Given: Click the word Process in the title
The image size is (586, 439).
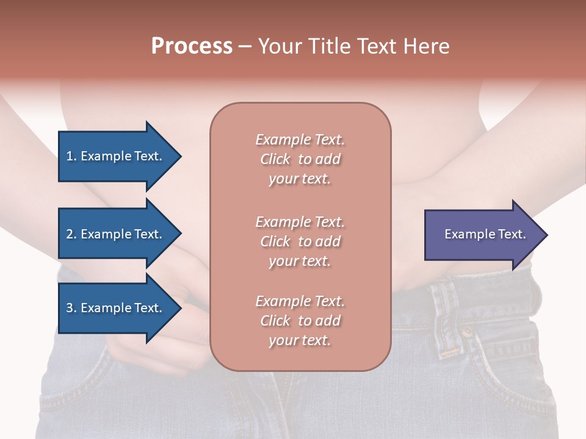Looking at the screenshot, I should pyautogui.click(x=192, y=46).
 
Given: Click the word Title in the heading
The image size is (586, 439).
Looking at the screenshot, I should pyautogui.click(x=329, y=46).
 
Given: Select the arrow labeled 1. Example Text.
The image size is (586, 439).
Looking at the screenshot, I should pyautogui.click(x=116, y=156).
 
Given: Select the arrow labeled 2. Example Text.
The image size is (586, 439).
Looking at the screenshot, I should pyautogui.click(x=116, y=234).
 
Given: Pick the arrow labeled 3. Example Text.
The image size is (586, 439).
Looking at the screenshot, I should pyautogui.click(x=116, y=308).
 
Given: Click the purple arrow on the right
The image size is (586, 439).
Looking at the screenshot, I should pyautogui.click(x=482, y=235).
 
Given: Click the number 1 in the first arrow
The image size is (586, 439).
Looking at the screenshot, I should pyautogui.click(x=70, y=156).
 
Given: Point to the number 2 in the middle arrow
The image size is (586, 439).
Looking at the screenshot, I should pyautogui.click(x=70, y=234).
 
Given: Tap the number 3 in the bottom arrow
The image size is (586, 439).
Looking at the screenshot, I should pyautogui.click(x=70, y=308).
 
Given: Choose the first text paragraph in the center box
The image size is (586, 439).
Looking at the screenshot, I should pyautogui.click(x=300, y=159).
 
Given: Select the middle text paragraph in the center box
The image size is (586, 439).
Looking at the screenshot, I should pyautogui.click(x=300, y=241).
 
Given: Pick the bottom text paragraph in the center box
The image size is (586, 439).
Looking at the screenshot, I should pyautogui.click(x=300, y=321).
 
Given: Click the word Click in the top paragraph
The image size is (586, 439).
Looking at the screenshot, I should pyautogui.click(x=275, y=159).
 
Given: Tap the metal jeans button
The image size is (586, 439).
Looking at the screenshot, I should pyautogui.click(x=467, y=332).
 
